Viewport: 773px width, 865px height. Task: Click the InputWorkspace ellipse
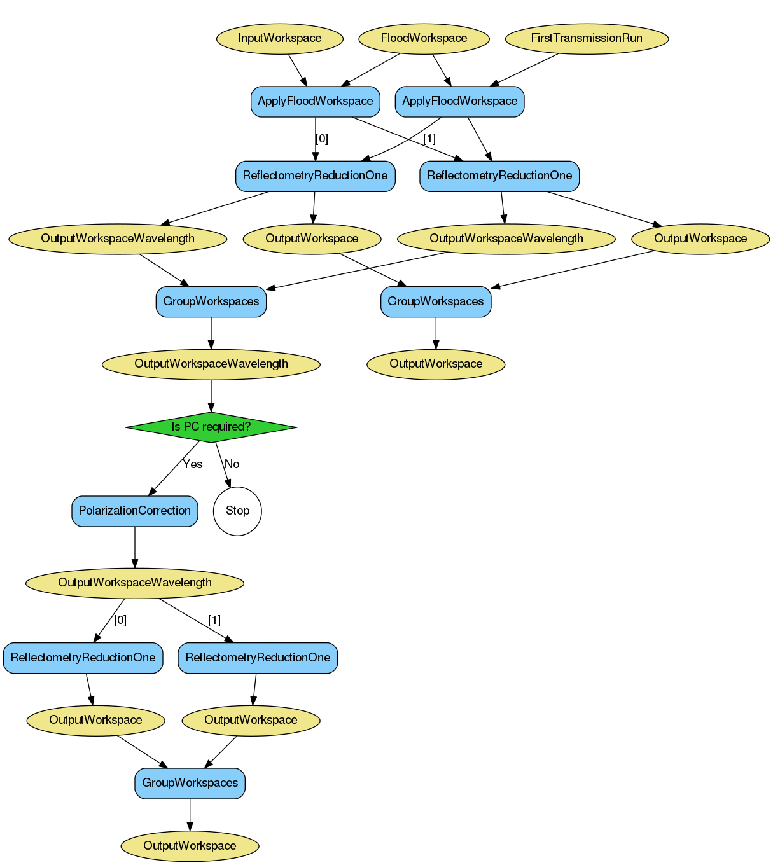pyautogui.click(x=279, y=38)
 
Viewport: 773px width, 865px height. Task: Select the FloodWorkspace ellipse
pyautogui.click(x=424, y=38)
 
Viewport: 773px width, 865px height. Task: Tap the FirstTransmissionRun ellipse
pyautogui.click(x=587, y=38)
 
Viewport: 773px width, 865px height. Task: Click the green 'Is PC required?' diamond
pyautogui.click(x=211, y=427)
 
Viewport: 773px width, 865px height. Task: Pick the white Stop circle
pyautogui.click(x=237, y=511)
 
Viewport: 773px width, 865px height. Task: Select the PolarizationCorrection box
pyautogui.click(x=134, y=511)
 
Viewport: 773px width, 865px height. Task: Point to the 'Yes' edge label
pyautogui.click(x=192, y=464)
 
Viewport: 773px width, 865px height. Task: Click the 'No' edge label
pyautogui.click(x=232, y=464)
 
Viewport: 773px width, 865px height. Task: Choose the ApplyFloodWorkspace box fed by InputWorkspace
pyautogui.click(x=315, y=101)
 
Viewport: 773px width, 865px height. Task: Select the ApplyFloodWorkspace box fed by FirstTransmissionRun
pyautogui.click(x=459, y=101)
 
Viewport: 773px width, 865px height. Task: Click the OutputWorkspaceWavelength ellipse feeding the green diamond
pyautogui.click(x=211, y=364)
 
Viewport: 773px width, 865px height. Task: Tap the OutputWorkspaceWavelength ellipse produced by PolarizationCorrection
pyautogui.click(x=134, y=583)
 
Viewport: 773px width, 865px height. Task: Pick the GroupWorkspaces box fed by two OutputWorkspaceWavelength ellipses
pyautogui.click(x=211, y=301)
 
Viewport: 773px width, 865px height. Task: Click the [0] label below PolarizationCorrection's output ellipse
pyautogui.click(x=120, y=620)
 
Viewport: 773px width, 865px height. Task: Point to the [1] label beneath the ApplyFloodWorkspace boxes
pyautogui.click(x=429, y=139)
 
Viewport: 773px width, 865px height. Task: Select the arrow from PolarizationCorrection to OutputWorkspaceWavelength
pyautogui.click(x=134, y=547)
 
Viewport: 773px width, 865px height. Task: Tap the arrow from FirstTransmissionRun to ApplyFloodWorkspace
pyautogui.click(x=525, y=69)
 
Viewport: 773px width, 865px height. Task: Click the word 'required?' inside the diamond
pyautogui.click(x=227, y=427)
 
